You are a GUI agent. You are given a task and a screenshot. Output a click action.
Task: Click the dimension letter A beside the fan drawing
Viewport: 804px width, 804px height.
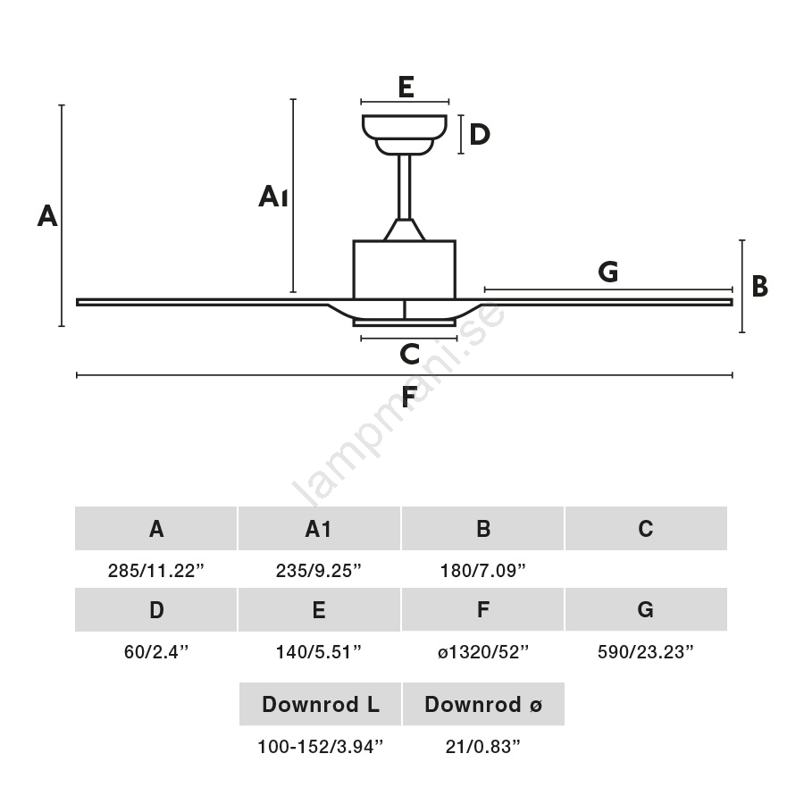(x=47, y=215)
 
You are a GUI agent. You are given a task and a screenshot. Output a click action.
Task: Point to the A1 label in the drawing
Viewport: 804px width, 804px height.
(x=272, y=197)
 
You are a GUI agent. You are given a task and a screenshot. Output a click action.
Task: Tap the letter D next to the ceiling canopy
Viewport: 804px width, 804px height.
(x=480, y=135)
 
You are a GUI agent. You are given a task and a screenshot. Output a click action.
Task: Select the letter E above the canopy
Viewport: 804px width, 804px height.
(x=406, y=88)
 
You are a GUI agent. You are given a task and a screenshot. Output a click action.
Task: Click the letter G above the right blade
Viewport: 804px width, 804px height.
(x=608, y=272)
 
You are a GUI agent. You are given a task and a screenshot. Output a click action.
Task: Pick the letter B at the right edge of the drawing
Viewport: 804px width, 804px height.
(x=759, y=287)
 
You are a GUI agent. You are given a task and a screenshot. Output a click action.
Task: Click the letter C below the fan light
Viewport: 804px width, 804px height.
(x=409, y=355)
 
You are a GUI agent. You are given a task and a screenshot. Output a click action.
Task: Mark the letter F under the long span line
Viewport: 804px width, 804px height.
(x=409, y=397)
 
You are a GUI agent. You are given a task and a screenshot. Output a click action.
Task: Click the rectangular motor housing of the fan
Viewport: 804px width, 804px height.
(x=404, y=269)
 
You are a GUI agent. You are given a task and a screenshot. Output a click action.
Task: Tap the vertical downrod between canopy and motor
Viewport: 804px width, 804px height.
(x=404, y=186)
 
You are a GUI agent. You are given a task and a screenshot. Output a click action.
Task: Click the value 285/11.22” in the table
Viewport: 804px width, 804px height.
(x=156, y=570)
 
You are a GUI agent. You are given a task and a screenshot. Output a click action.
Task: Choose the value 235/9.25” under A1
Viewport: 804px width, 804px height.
(x=319, y=570)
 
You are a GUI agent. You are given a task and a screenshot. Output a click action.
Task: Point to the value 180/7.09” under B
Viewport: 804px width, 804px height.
(x=482, y=570)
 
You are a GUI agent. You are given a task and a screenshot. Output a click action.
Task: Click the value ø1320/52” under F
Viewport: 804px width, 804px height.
(x=482, y=652)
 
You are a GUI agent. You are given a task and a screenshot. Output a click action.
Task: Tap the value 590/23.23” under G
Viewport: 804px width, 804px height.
(x=646, y=652)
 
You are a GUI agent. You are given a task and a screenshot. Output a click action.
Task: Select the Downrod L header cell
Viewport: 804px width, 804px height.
(x=320, y=705)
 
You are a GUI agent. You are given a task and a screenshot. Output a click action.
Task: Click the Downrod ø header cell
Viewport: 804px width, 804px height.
(x=483, y=705)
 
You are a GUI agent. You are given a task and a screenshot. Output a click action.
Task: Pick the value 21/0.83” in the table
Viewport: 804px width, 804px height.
(x=482, y=747)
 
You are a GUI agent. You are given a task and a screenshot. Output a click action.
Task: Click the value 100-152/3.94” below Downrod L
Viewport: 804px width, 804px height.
(x=320, y=747)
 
